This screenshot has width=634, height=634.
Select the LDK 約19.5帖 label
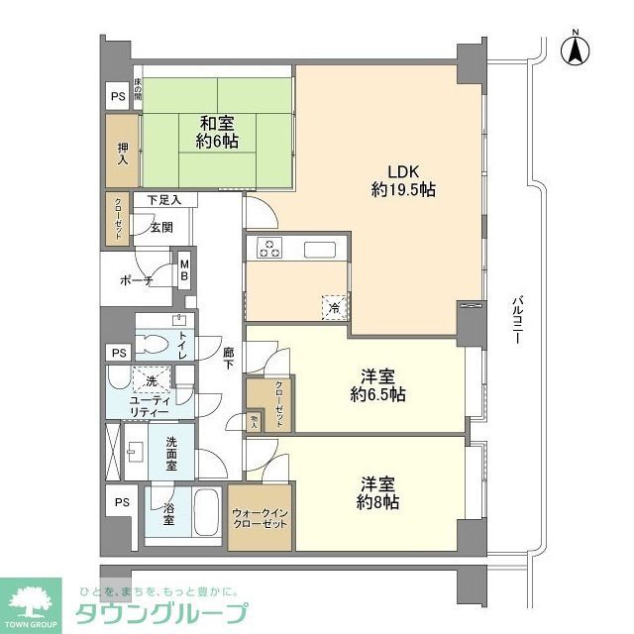tap(404, 179)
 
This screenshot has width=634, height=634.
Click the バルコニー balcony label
tap(516, 318)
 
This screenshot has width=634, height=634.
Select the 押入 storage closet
tap(122, 152)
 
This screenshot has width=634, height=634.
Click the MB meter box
tap(183, 270)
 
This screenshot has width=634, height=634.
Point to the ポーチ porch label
tap(136, 281)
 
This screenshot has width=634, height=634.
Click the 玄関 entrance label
tap(162, 227)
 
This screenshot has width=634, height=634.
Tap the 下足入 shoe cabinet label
tap(164, 200)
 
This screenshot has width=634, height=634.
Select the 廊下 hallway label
tap(228, 358)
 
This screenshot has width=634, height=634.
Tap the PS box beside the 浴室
tap(122, 502)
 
